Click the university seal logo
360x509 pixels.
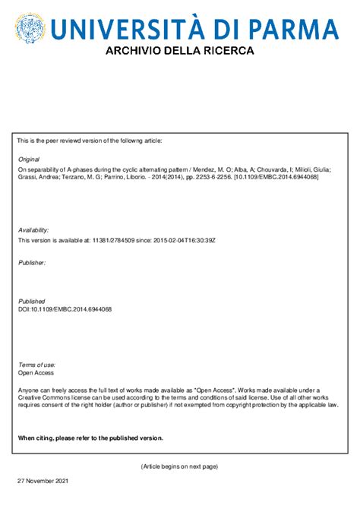tap(30, 30)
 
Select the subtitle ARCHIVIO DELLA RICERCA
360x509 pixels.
tap(179, 51)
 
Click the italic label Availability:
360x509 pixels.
tap(33, 229)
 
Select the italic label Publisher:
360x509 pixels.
tap(32, 262)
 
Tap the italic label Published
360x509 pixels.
tap(31, 302)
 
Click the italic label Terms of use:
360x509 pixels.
tap(36, 365)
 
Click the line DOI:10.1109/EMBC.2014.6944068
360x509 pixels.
tap(65, 309)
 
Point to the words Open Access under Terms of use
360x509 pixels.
tap(36, 373)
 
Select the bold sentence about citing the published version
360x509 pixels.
tap(90, 438)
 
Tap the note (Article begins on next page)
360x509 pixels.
tap(179, 466)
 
